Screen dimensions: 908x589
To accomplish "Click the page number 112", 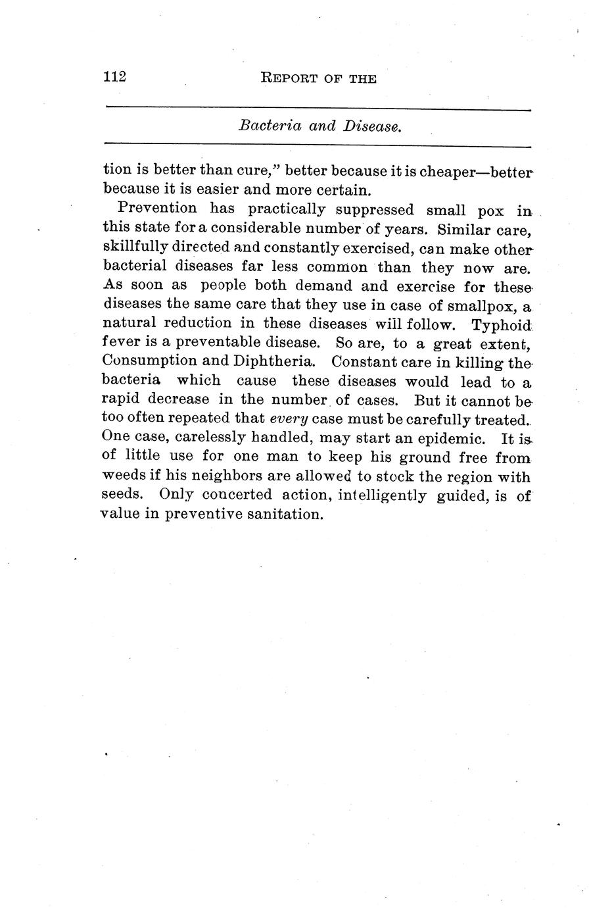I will coord(114,76).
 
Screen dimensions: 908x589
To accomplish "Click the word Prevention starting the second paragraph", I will coord(157,209).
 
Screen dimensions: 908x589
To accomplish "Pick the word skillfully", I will coord(134,247).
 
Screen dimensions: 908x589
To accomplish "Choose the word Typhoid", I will coord(502,325).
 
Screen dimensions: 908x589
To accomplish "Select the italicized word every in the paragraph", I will coord(289,418).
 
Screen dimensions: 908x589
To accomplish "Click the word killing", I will coord(469,362).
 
